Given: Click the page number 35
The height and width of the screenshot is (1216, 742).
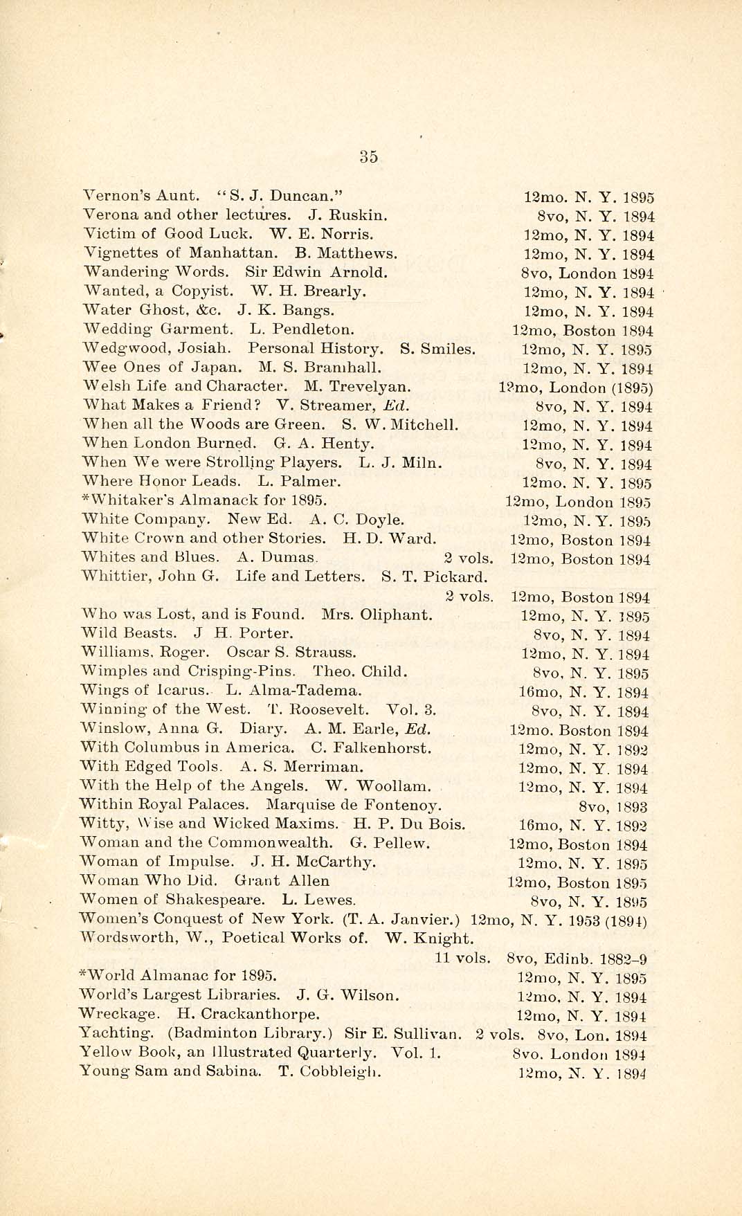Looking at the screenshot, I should (369, 156).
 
